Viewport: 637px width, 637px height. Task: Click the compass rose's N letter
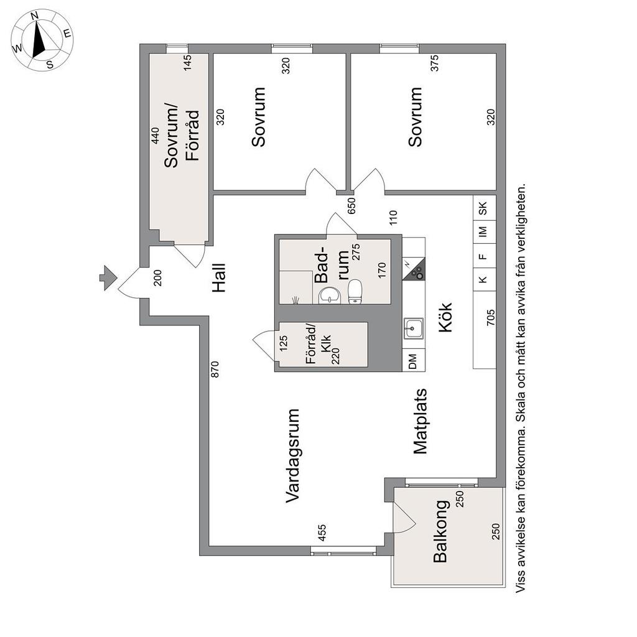(35, 16)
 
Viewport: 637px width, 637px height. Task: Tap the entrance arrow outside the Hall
(108, 278)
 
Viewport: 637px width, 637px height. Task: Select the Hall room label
(218, 278)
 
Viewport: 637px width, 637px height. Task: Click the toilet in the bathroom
(355, 292)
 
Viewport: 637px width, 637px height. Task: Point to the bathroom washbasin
(330, 295)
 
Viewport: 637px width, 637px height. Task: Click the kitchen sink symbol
(414, 328)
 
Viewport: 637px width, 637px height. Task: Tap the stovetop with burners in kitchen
(414, 269)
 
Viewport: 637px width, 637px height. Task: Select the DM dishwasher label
(413, 361)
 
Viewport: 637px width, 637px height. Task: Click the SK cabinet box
(485, 208)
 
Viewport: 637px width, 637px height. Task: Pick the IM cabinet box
(485, 232)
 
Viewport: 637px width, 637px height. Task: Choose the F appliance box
(485, 256)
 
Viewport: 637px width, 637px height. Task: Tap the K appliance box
(485, 279)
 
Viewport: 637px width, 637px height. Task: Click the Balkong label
(440, 531)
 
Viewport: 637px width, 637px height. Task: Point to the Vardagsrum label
(292, 456)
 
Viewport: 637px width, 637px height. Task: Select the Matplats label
(421, 421)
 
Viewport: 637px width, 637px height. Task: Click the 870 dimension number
(215, 370)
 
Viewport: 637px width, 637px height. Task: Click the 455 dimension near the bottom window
(322, 533)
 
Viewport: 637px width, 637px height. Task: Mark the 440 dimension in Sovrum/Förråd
(155, 136)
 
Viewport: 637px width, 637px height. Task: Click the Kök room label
(445, 318)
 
